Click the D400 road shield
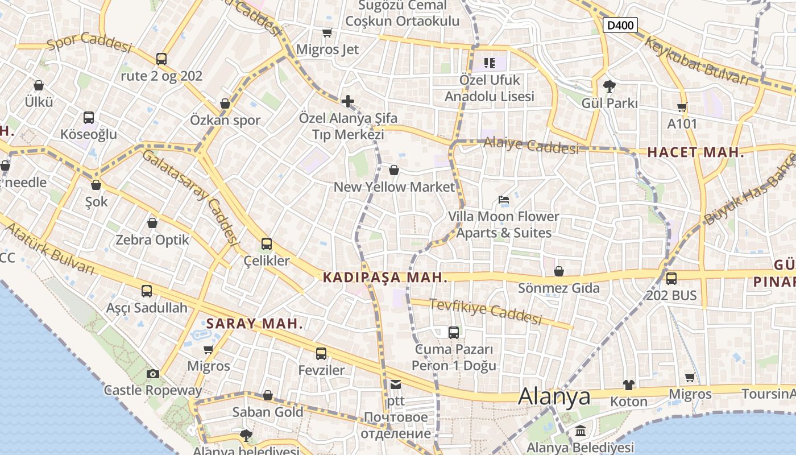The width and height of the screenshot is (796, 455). [x=620, y=25]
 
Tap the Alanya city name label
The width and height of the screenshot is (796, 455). [x=554, y=396]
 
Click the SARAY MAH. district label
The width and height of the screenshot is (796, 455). [x=254, y=324]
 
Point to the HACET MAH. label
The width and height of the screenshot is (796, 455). [x=695, y=152]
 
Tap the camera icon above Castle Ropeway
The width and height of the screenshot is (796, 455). [x=153, y=374]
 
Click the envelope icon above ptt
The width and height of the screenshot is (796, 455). [x=396, y=384]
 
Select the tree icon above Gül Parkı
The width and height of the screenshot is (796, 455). [x=610, y=86]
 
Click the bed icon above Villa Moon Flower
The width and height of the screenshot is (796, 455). [x=504, y=199]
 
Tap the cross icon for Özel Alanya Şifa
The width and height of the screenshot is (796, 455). [x=348, y=101]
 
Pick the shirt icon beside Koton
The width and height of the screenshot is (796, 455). [x=628, y=385]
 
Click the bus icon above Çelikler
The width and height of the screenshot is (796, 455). [x=267, y=244]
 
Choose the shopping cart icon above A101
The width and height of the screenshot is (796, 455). [x=682, y=107]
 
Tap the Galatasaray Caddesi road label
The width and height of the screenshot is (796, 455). [x=189, y=196]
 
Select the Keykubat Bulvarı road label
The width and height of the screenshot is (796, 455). [x=696, y=61]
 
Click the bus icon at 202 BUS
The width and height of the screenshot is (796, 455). [x=671, y=279]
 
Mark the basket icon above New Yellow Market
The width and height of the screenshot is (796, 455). [x=393, y=170]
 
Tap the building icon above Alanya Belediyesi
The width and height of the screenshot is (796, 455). [x=580, y=431]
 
